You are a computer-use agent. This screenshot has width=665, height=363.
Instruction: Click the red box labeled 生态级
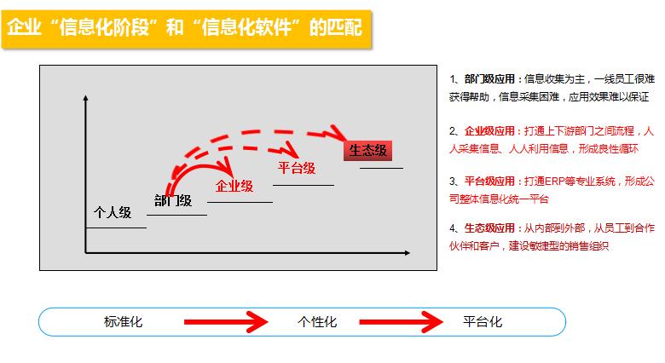367,151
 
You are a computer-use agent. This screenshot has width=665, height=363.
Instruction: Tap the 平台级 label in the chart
297,168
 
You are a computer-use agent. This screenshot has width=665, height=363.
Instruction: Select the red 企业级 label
234,186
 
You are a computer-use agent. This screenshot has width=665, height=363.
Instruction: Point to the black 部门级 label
173,200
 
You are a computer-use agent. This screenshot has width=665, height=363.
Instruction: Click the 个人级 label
113,212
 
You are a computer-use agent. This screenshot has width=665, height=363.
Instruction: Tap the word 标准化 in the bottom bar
123,322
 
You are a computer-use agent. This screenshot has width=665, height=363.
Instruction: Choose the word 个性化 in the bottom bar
317,322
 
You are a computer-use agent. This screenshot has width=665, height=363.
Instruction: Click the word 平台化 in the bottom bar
483,322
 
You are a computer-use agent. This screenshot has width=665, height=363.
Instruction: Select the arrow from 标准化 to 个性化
226,322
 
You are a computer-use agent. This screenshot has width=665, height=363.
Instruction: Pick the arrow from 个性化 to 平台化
401,322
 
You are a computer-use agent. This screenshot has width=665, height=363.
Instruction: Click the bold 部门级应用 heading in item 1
489,79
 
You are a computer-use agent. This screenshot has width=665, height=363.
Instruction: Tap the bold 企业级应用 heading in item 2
489,131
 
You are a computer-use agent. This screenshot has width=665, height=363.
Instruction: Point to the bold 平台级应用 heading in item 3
489,181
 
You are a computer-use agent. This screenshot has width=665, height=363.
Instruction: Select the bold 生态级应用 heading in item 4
489,228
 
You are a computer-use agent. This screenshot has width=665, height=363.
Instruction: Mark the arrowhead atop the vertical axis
85,98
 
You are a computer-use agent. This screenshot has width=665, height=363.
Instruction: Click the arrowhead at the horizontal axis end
408,253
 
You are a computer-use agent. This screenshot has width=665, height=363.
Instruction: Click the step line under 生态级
381,169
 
